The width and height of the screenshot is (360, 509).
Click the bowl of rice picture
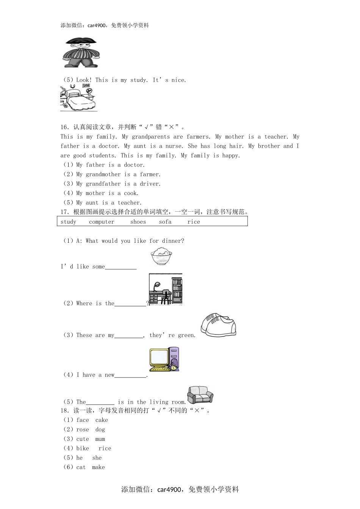pos(161,256)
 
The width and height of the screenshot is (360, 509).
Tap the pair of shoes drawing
pos(218,325)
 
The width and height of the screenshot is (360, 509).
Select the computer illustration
pos(164,359)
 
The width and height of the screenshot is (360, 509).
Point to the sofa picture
pos(200,395)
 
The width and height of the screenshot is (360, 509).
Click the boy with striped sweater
pos(81,53)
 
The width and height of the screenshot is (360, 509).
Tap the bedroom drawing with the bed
pos(78,98)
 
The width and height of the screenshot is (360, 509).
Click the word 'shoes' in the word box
pos(138,222)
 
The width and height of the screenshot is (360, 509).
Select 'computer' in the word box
pos(102,222)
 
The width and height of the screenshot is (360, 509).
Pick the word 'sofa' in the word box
pos(165,222)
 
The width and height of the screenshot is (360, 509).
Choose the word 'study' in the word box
pos(68,222)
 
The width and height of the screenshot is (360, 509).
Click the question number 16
pos(64,127)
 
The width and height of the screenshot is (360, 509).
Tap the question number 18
pos(64,411)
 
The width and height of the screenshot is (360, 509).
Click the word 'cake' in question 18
pos(102,420)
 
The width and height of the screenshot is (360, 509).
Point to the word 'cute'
pos(83,439)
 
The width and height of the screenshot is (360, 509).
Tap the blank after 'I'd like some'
pos(121,267)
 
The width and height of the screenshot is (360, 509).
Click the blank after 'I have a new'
pos(130,375)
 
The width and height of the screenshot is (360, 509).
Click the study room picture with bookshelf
pos(166,289)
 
